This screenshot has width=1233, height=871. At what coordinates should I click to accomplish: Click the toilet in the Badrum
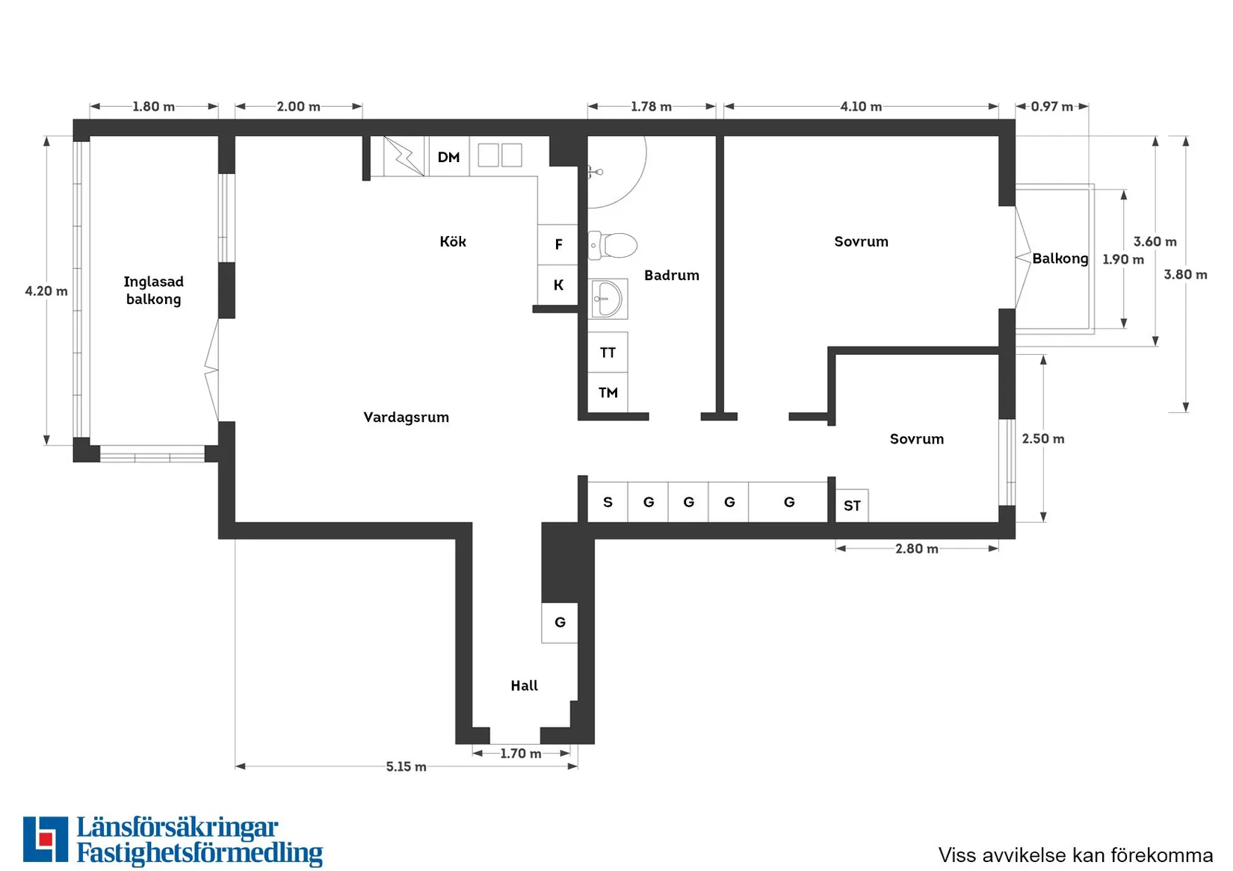pos(612,245)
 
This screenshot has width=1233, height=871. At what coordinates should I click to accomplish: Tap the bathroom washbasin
pos(608,299)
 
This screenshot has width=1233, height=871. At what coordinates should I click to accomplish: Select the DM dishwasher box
pos(448,157)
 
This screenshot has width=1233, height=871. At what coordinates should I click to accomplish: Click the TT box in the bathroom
pos(608,352)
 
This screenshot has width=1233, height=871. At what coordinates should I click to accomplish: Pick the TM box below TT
pos(608,392)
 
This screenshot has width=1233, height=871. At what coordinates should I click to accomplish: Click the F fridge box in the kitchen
pos(557,244)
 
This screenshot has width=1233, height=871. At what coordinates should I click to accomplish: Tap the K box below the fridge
pos(557,285)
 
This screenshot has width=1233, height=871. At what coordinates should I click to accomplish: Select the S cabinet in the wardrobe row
pos(608,502)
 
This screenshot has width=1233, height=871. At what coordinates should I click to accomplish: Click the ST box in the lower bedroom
pos(852,506)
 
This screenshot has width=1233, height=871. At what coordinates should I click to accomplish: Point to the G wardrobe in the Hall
pos(560,622)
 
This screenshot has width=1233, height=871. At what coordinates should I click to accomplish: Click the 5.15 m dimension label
pos(406,766)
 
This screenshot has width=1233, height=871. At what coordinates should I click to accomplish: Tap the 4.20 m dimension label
pos(46,291)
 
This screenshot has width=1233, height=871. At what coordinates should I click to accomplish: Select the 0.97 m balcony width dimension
pos(1052,106)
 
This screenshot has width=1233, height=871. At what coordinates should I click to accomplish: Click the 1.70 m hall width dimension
pos(521,753)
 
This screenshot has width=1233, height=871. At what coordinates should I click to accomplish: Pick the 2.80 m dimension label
pos(916,548)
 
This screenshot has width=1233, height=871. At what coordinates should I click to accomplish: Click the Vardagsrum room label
pos(407,417)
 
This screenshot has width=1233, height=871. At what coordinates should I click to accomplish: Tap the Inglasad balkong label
pos(154,290)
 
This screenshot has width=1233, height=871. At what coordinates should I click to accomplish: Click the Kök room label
pos(452,241)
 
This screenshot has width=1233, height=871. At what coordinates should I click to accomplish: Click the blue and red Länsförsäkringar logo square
pos(46,839)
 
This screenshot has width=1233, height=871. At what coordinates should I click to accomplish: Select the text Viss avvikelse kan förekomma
pos(1075,855)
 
